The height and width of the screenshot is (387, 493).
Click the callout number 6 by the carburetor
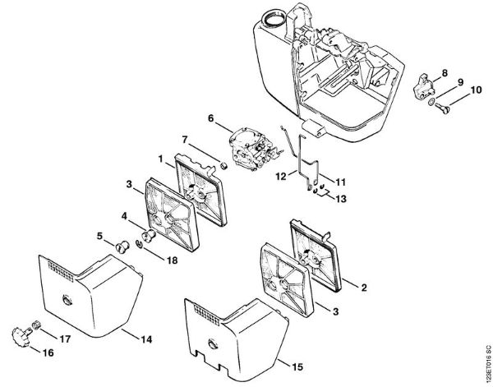pos(210,118)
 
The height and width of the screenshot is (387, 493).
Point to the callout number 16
pos(46,352)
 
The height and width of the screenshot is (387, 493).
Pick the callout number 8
pos(444,72)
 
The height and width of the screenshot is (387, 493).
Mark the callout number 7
pos(185,140)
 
